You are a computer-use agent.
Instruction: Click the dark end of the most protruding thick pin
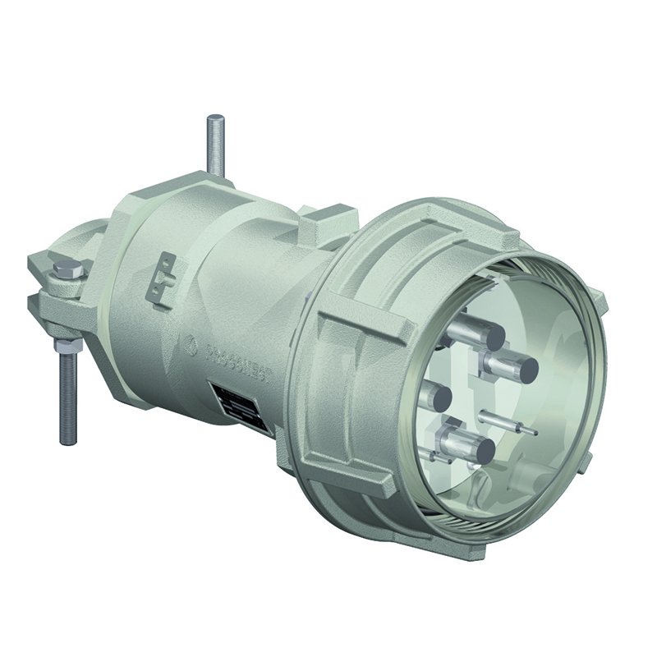(523, 367)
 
